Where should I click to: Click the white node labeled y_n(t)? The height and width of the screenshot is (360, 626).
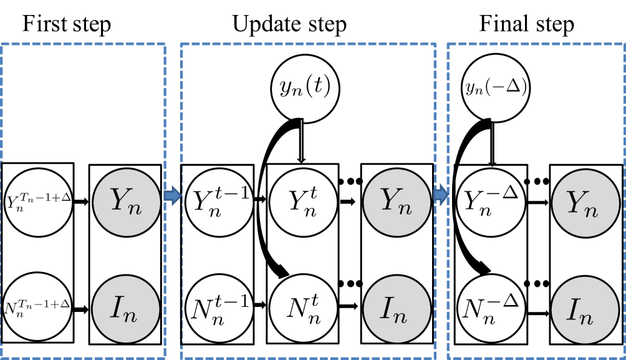(305, 88)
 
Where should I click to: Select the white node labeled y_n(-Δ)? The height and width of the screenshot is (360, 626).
(496, 88)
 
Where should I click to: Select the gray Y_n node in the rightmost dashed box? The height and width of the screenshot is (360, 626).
(585, 203)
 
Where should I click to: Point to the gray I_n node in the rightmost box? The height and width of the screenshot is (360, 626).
(585, 310)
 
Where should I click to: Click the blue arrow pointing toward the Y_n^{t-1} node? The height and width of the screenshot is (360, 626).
(173, 195)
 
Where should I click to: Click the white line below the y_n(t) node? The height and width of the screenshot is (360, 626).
(302, 140)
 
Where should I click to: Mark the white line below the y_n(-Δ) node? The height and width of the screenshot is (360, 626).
(493, 142)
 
